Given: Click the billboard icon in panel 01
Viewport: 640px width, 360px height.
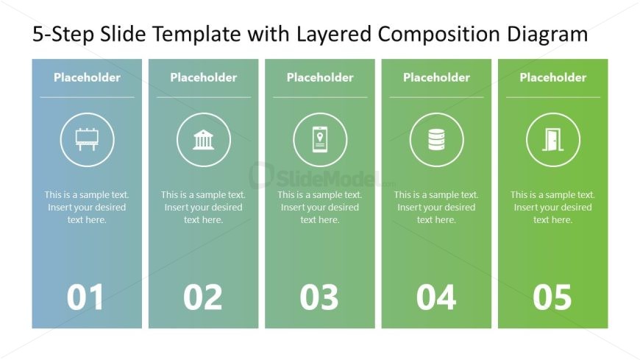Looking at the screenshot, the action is (87, 139).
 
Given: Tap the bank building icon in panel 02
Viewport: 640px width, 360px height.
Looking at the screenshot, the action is (203, 140).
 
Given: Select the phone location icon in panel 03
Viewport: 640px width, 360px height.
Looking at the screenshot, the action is (320, 140).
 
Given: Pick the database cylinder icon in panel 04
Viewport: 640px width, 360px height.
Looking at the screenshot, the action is (436, 140).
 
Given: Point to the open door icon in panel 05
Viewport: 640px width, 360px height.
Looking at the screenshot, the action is (553, 140).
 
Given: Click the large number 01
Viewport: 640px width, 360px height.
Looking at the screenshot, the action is (85, 297).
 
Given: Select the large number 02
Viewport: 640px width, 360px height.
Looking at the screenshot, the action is (203, 297).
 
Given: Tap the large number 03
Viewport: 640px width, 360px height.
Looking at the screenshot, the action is (319, 297).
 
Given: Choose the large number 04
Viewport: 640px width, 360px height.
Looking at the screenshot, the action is (436, 297).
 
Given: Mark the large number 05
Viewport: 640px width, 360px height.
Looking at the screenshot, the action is (552, 297).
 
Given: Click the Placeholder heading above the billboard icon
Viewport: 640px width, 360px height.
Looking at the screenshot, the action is (87, 77).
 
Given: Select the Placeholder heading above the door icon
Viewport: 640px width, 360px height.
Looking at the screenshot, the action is (553, 77).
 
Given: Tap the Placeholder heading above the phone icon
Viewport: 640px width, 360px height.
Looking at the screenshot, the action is (320, 77).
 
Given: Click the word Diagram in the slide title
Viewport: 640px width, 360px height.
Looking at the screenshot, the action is (547, 35).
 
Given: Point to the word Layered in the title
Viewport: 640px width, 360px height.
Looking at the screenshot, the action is (334, 35).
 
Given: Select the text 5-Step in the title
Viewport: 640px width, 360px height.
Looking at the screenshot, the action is (63, 35).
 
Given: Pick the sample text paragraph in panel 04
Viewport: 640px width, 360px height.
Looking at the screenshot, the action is (436, 207).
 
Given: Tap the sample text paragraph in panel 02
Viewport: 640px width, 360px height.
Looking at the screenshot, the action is (203, 207).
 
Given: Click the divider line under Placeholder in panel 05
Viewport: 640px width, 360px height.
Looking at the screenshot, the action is (553, 97).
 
